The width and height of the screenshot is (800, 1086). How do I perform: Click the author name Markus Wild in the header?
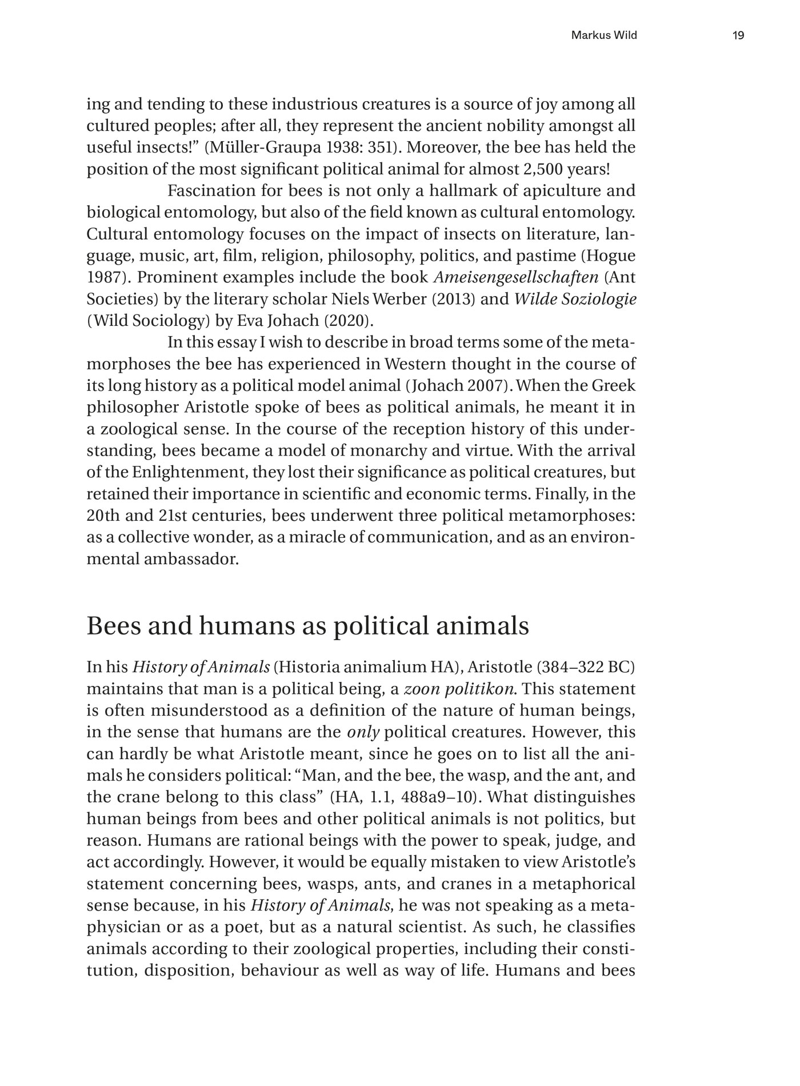(604, 36)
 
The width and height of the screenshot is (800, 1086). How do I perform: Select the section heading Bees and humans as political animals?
(307, 626)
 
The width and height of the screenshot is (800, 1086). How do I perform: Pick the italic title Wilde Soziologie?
(575, 300)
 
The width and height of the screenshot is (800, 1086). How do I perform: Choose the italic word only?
(363, 732)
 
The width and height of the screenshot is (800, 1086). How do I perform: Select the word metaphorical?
(583, 884)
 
